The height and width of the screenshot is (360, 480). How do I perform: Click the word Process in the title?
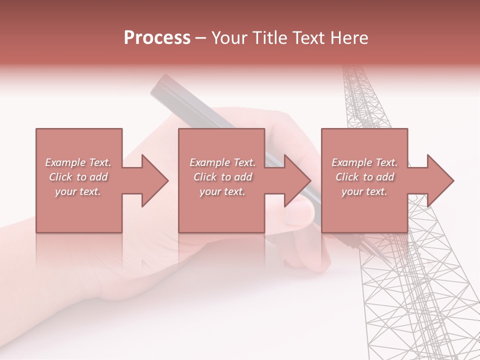point(157,38)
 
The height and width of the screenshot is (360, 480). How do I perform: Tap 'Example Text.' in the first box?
point(78,162)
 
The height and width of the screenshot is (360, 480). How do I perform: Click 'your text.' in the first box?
point(78,191)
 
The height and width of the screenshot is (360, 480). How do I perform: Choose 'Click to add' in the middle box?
point(222,177)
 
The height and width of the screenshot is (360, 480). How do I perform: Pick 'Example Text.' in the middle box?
point(222,162)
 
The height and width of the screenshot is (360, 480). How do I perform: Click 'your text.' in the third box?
point(364,191)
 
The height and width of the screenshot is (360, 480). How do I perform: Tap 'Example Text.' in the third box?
point(364,162)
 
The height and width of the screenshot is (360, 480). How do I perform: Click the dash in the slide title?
point(200,38)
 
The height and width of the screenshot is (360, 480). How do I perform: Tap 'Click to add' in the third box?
point(364,177)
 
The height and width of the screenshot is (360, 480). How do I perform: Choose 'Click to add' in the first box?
point(78,177)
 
